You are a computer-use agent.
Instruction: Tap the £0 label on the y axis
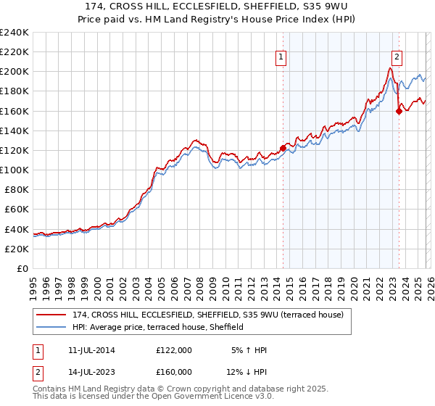22,268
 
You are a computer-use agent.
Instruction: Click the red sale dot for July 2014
283,149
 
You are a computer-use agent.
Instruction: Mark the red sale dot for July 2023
399,111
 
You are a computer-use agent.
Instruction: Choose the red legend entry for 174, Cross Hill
203,315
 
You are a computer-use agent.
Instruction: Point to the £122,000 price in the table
174,350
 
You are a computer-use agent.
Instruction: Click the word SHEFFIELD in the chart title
277,9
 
